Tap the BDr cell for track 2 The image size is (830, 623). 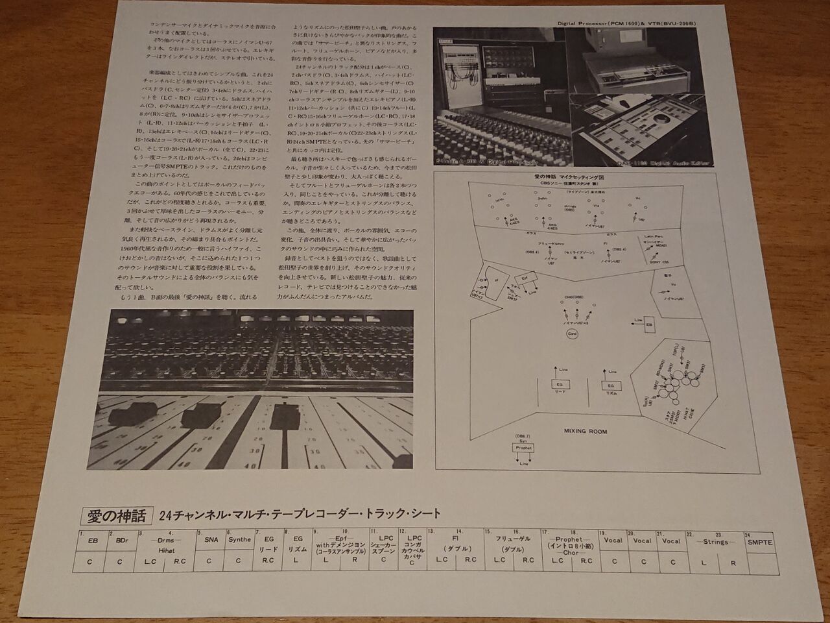pyautogui.click(x=120, y=539)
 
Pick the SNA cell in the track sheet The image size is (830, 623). pyautogui.click(x=209, y=539)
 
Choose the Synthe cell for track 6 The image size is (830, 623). pyautogui.click(x=239, y=539)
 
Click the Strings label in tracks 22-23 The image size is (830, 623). pyautogui.click(x=717, y=540)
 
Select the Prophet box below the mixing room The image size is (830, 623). pyautogui.click(x=523, y=448)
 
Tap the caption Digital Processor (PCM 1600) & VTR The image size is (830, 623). pyautogui.click(x=626, y=23)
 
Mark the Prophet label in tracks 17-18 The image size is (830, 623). pyautogui.click(x=569, y=539)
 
